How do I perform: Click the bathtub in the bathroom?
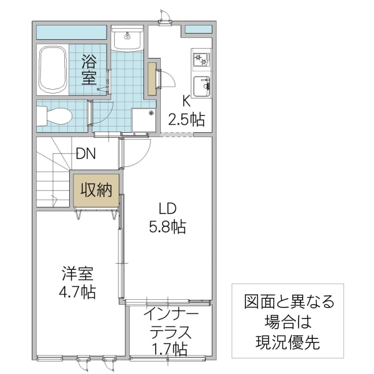pos(52,68)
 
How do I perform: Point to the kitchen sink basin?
pos(201,87)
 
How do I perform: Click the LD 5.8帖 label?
pos(166,218)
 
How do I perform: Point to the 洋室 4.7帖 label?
pos(78,282)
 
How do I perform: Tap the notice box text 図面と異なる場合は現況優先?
pos(287,322)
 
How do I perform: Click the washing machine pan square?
pos(143,120)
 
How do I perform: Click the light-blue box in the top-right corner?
pos(198,29)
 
